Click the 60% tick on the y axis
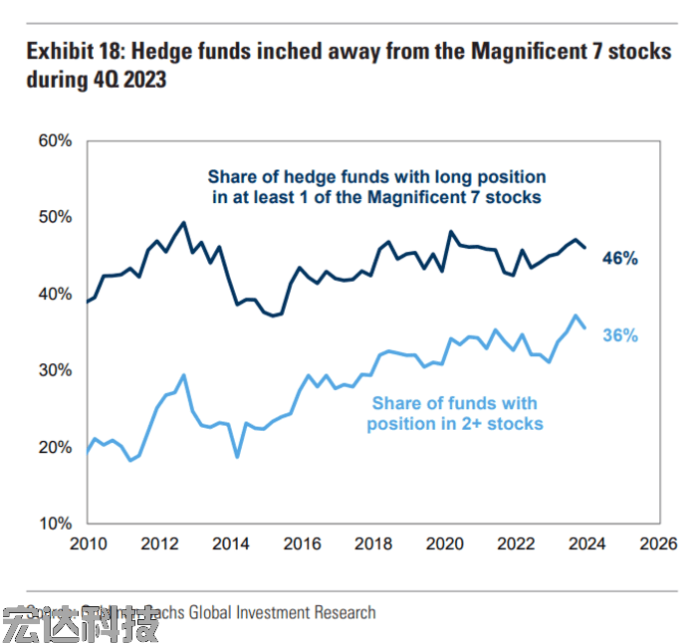(x=56, y=141)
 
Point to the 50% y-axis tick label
(x=56, y=217)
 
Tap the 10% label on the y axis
(x=56, y=524)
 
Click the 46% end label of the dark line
(x=619, y=258)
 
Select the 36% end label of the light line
(x=619, y=335)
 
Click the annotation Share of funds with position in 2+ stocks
(x=454, y=413)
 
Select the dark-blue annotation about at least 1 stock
(x=376, y=186)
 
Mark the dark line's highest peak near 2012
(x=183, y=222)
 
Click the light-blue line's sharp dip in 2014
(x=237, y=457)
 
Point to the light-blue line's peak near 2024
(x=576, y=316)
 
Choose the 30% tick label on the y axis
(x=56, y=370)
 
